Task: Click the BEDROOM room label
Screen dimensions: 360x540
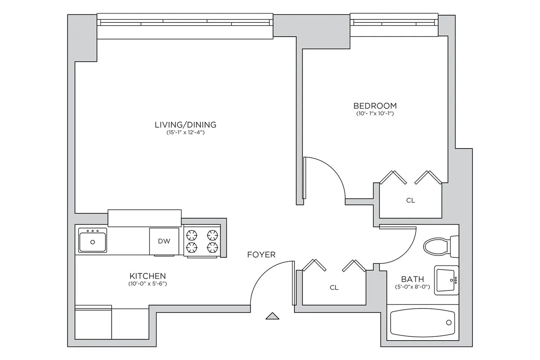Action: [x=375, y=106]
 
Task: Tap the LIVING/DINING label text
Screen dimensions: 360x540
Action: [x=185, y=125]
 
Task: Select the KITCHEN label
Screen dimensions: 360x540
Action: [x=147, y=276]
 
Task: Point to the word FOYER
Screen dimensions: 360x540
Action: [x=261, y=254]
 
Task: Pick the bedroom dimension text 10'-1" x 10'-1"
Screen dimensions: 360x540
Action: [x=375, y=114]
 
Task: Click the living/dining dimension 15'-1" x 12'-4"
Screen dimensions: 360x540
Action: [x=185, y=133]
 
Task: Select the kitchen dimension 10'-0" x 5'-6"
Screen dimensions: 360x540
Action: [x=147, y=284]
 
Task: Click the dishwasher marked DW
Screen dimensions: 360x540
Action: [x=164, y=241]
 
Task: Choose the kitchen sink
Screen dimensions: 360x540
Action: [x=93, y=240]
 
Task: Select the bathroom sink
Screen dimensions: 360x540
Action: [x=446, y=280]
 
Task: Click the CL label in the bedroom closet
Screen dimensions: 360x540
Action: [x=410, y=200]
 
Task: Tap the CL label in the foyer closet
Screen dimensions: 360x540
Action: [x=334, y=288]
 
